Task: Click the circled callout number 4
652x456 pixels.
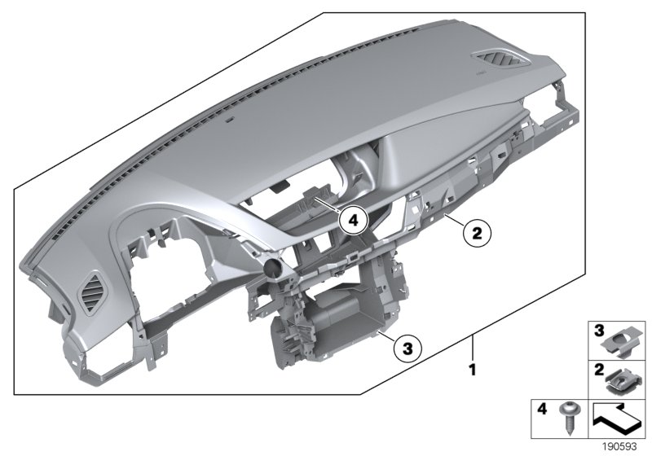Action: pos(352,218)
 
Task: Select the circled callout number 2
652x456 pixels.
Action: pos(477,233)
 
